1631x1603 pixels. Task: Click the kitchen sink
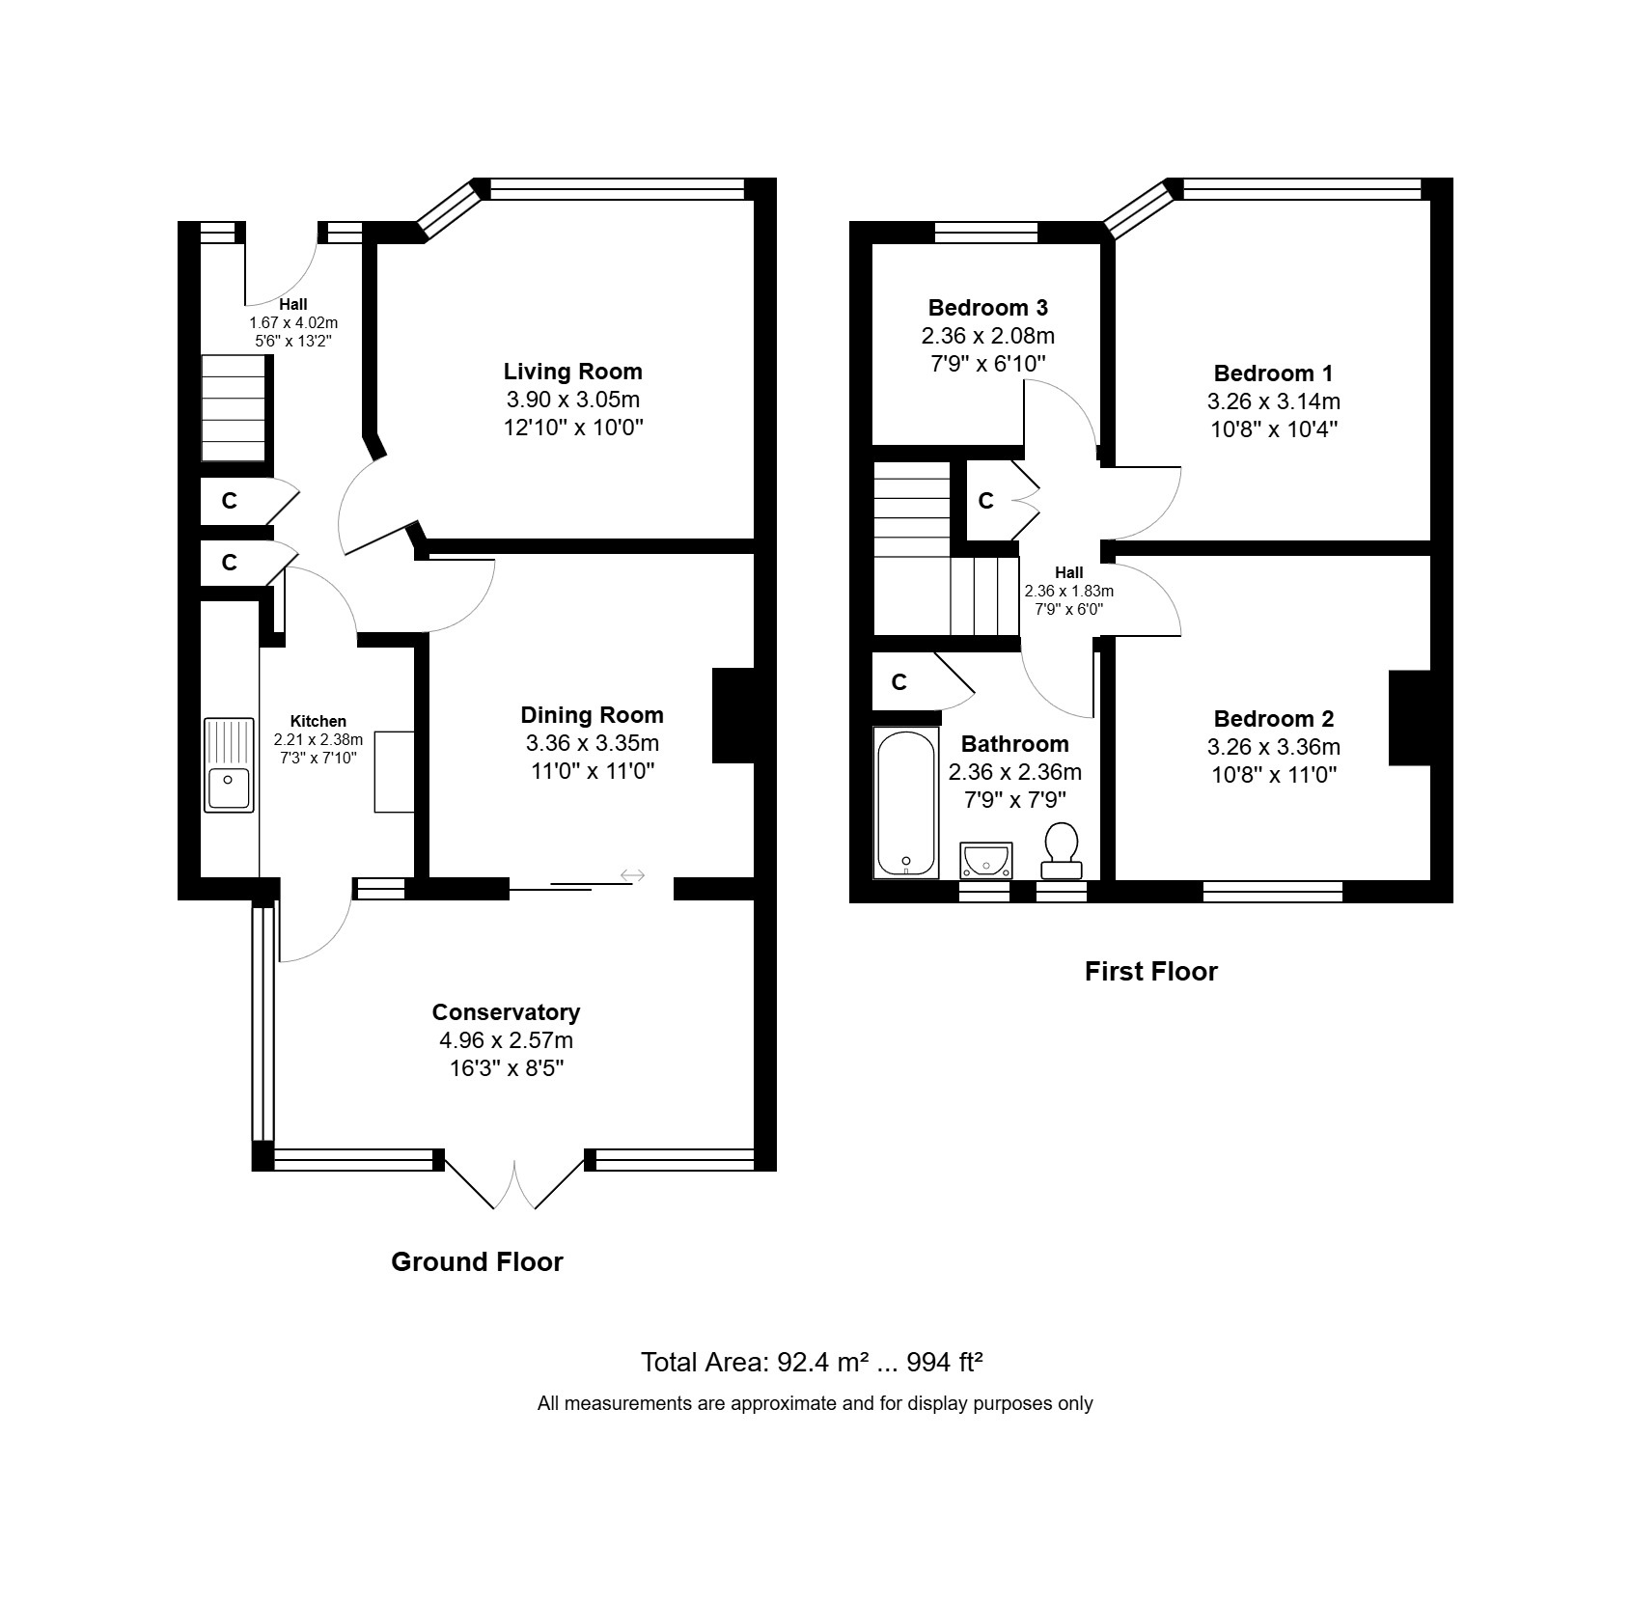(x=229, y=764)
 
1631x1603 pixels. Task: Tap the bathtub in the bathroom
(x=905, y=803)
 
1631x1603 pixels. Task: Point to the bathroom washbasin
(x=986, y=858)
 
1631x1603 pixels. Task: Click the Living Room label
(x=572, y=372)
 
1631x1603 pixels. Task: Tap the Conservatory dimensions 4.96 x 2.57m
(x=506, y=1040)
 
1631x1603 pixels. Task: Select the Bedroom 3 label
(x=987, y=308)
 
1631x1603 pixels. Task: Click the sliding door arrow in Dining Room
(x=632, y=875)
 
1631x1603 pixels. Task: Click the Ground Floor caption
(x=477, y=1261)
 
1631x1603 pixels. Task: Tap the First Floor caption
(x=1150, y=971)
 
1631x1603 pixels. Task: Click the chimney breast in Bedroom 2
(x=1409, y=717)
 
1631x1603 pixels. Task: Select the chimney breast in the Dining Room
(x=732, y=715)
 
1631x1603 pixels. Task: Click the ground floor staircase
(x=233, y=409)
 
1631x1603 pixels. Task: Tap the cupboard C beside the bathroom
(x=899, y=683)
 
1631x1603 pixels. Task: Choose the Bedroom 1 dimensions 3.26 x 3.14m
(x=1273, y=401)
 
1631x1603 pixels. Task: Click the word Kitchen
(x=318, y=721)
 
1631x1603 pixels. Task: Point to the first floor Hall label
(x=1068, y=572)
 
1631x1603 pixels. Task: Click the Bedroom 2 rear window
(x=1272, y=891)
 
